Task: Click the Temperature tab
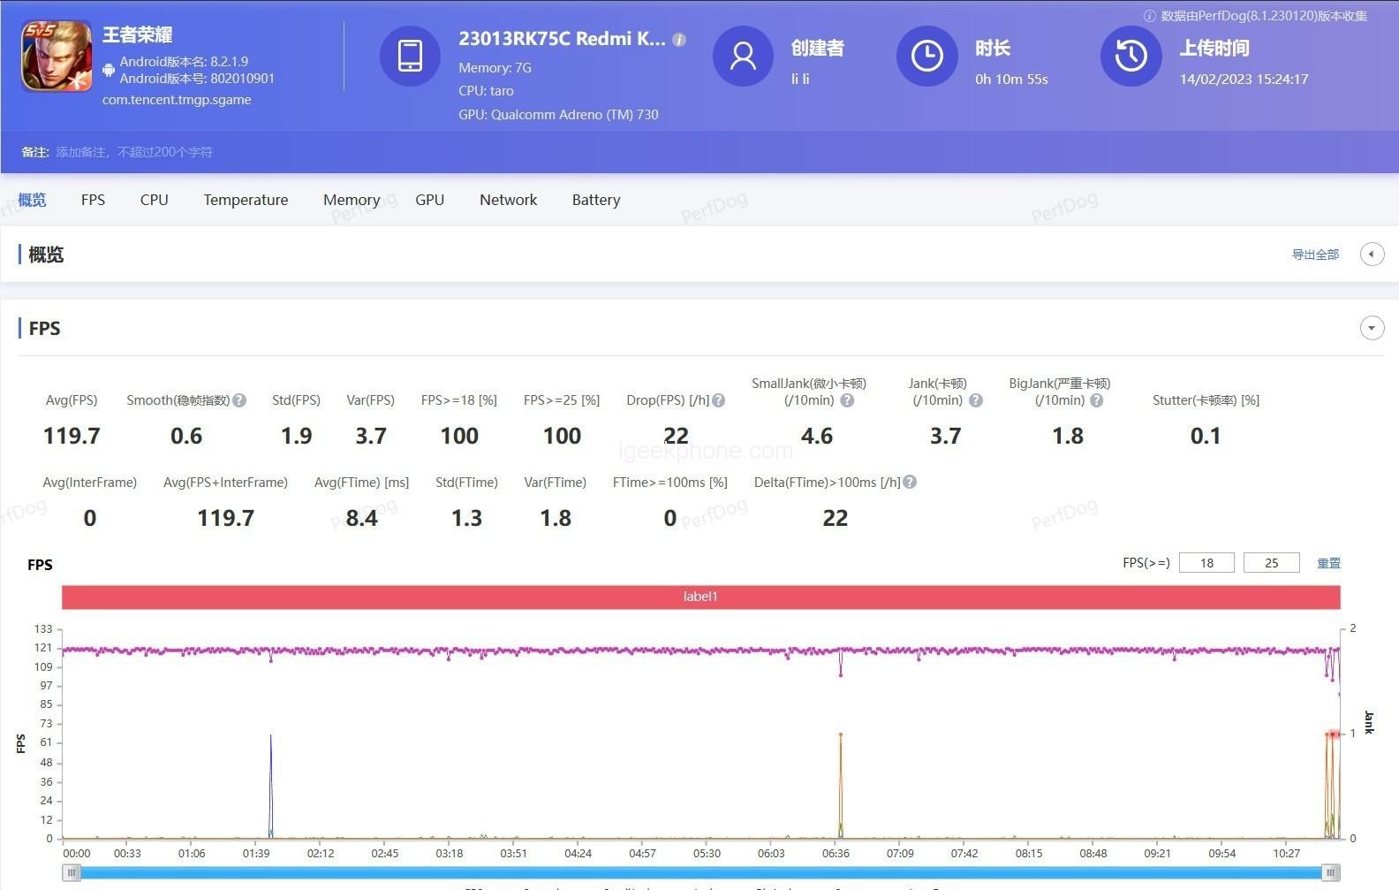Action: coord(246,200)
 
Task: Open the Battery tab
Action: coord(596,200)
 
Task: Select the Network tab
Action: coord(508,200)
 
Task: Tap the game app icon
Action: coord(57,57)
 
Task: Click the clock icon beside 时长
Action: coord(926,57)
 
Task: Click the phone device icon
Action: coord(410,57)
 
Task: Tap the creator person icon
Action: coord(743,57)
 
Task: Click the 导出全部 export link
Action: coord(1315,255)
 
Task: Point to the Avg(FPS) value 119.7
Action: coord(72,436)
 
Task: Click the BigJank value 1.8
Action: coord(1068,436)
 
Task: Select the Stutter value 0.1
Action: coord(1206,436)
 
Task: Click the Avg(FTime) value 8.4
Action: coord(361,518)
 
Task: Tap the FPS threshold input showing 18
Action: coord(1206,563)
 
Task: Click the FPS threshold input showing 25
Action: coord(1271,563)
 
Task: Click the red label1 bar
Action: coord(700,597)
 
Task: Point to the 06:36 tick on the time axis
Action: coord(836,853)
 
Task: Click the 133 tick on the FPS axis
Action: coord(43,629)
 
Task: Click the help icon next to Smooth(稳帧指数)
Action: coord(239,400)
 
